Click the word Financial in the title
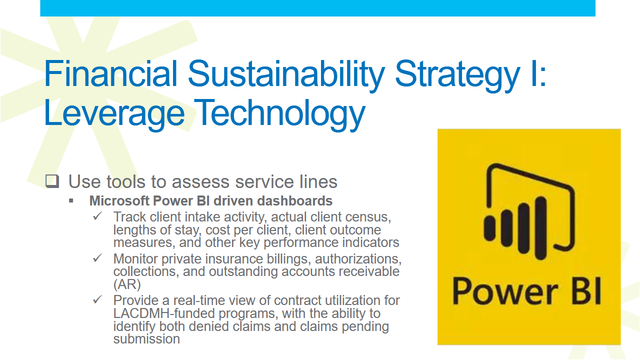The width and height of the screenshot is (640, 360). (x=111, y=73)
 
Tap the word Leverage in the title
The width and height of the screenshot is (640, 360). (x=114, y=115)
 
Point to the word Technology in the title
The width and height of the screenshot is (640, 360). (x=281, y=115)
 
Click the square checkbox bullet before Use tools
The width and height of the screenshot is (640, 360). (x=52, y=181)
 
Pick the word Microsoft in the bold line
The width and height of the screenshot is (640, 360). (x=119, y=200)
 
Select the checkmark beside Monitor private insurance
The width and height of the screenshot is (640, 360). (x=97, y=258)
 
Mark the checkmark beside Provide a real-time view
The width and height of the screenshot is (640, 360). (x=97, y=299)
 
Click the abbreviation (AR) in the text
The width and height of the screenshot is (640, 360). (x=127, y=284)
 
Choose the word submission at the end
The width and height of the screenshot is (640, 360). (x=146, y=339)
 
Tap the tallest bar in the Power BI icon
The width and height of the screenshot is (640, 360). (x=540, y=228)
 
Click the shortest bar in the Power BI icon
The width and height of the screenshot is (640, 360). (x=489, y=228)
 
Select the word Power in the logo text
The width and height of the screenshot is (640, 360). (x=505, y=291)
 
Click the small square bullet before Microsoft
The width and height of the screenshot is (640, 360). (x=71, y=201)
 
